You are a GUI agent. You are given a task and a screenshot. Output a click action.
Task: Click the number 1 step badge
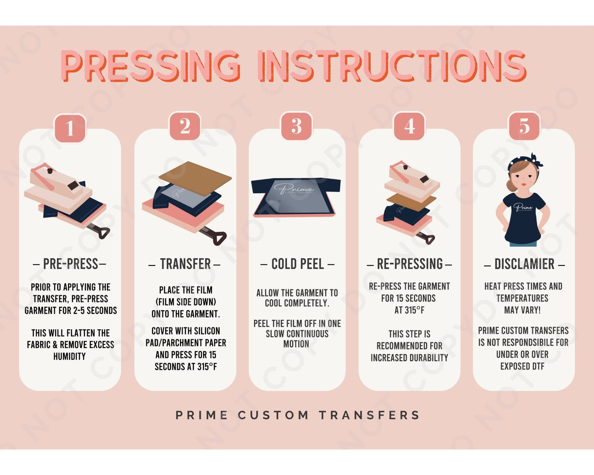pyautogui.click(x=70, y=128)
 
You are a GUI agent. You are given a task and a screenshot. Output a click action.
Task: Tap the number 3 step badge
pyautogui.click(x=296, y=126)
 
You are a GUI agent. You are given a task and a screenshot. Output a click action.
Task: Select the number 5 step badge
pyautogui.click(x=524, y=126)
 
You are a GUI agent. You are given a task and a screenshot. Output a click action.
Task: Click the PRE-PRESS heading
pyautogui.click(x=70, y=264)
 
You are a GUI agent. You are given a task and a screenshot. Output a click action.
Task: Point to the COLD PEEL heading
pyautogui.click(x=297, y=264)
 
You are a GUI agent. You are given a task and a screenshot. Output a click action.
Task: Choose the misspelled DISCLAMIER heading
pyautogui.click(x=524, y=264)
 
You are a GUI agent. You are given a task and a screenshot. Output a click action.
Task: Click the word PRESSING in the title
pyautogui.click(x=151, y=66)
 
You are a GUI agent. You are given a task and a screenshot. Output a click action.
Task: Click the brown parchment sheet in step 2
pyautogui.click(x=195, y=178)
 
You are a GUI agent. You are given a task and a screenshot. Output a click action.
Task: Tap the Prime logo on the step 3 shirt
pyautogui.click(x=294, y=189)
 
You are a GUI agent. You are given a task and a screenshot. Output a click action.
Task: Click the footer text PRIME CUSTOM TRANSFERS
pyautogui.click(x=297, y=415)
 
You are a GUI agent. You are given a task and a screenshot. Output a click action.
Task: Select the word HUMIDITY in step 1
pyautogui.click(x=69, y=356)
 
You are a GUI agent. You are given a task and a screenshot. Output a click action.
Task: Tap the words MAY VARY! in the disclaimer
pyautogui.click(x=522, y=310)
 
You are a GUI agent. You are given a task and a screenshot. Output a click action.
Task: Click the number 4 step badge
pyautogui.click(x=409, y=126)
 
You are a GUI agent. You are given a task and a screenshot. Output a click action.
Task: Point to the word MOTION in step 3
pyautogui.click(x=296, y=344)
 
